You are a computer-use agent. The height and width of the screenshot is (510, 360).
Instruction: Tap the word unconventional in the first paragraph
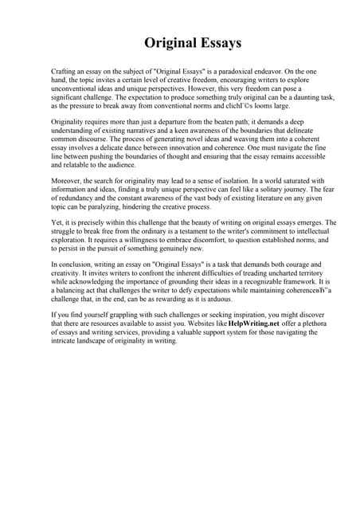75,88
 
